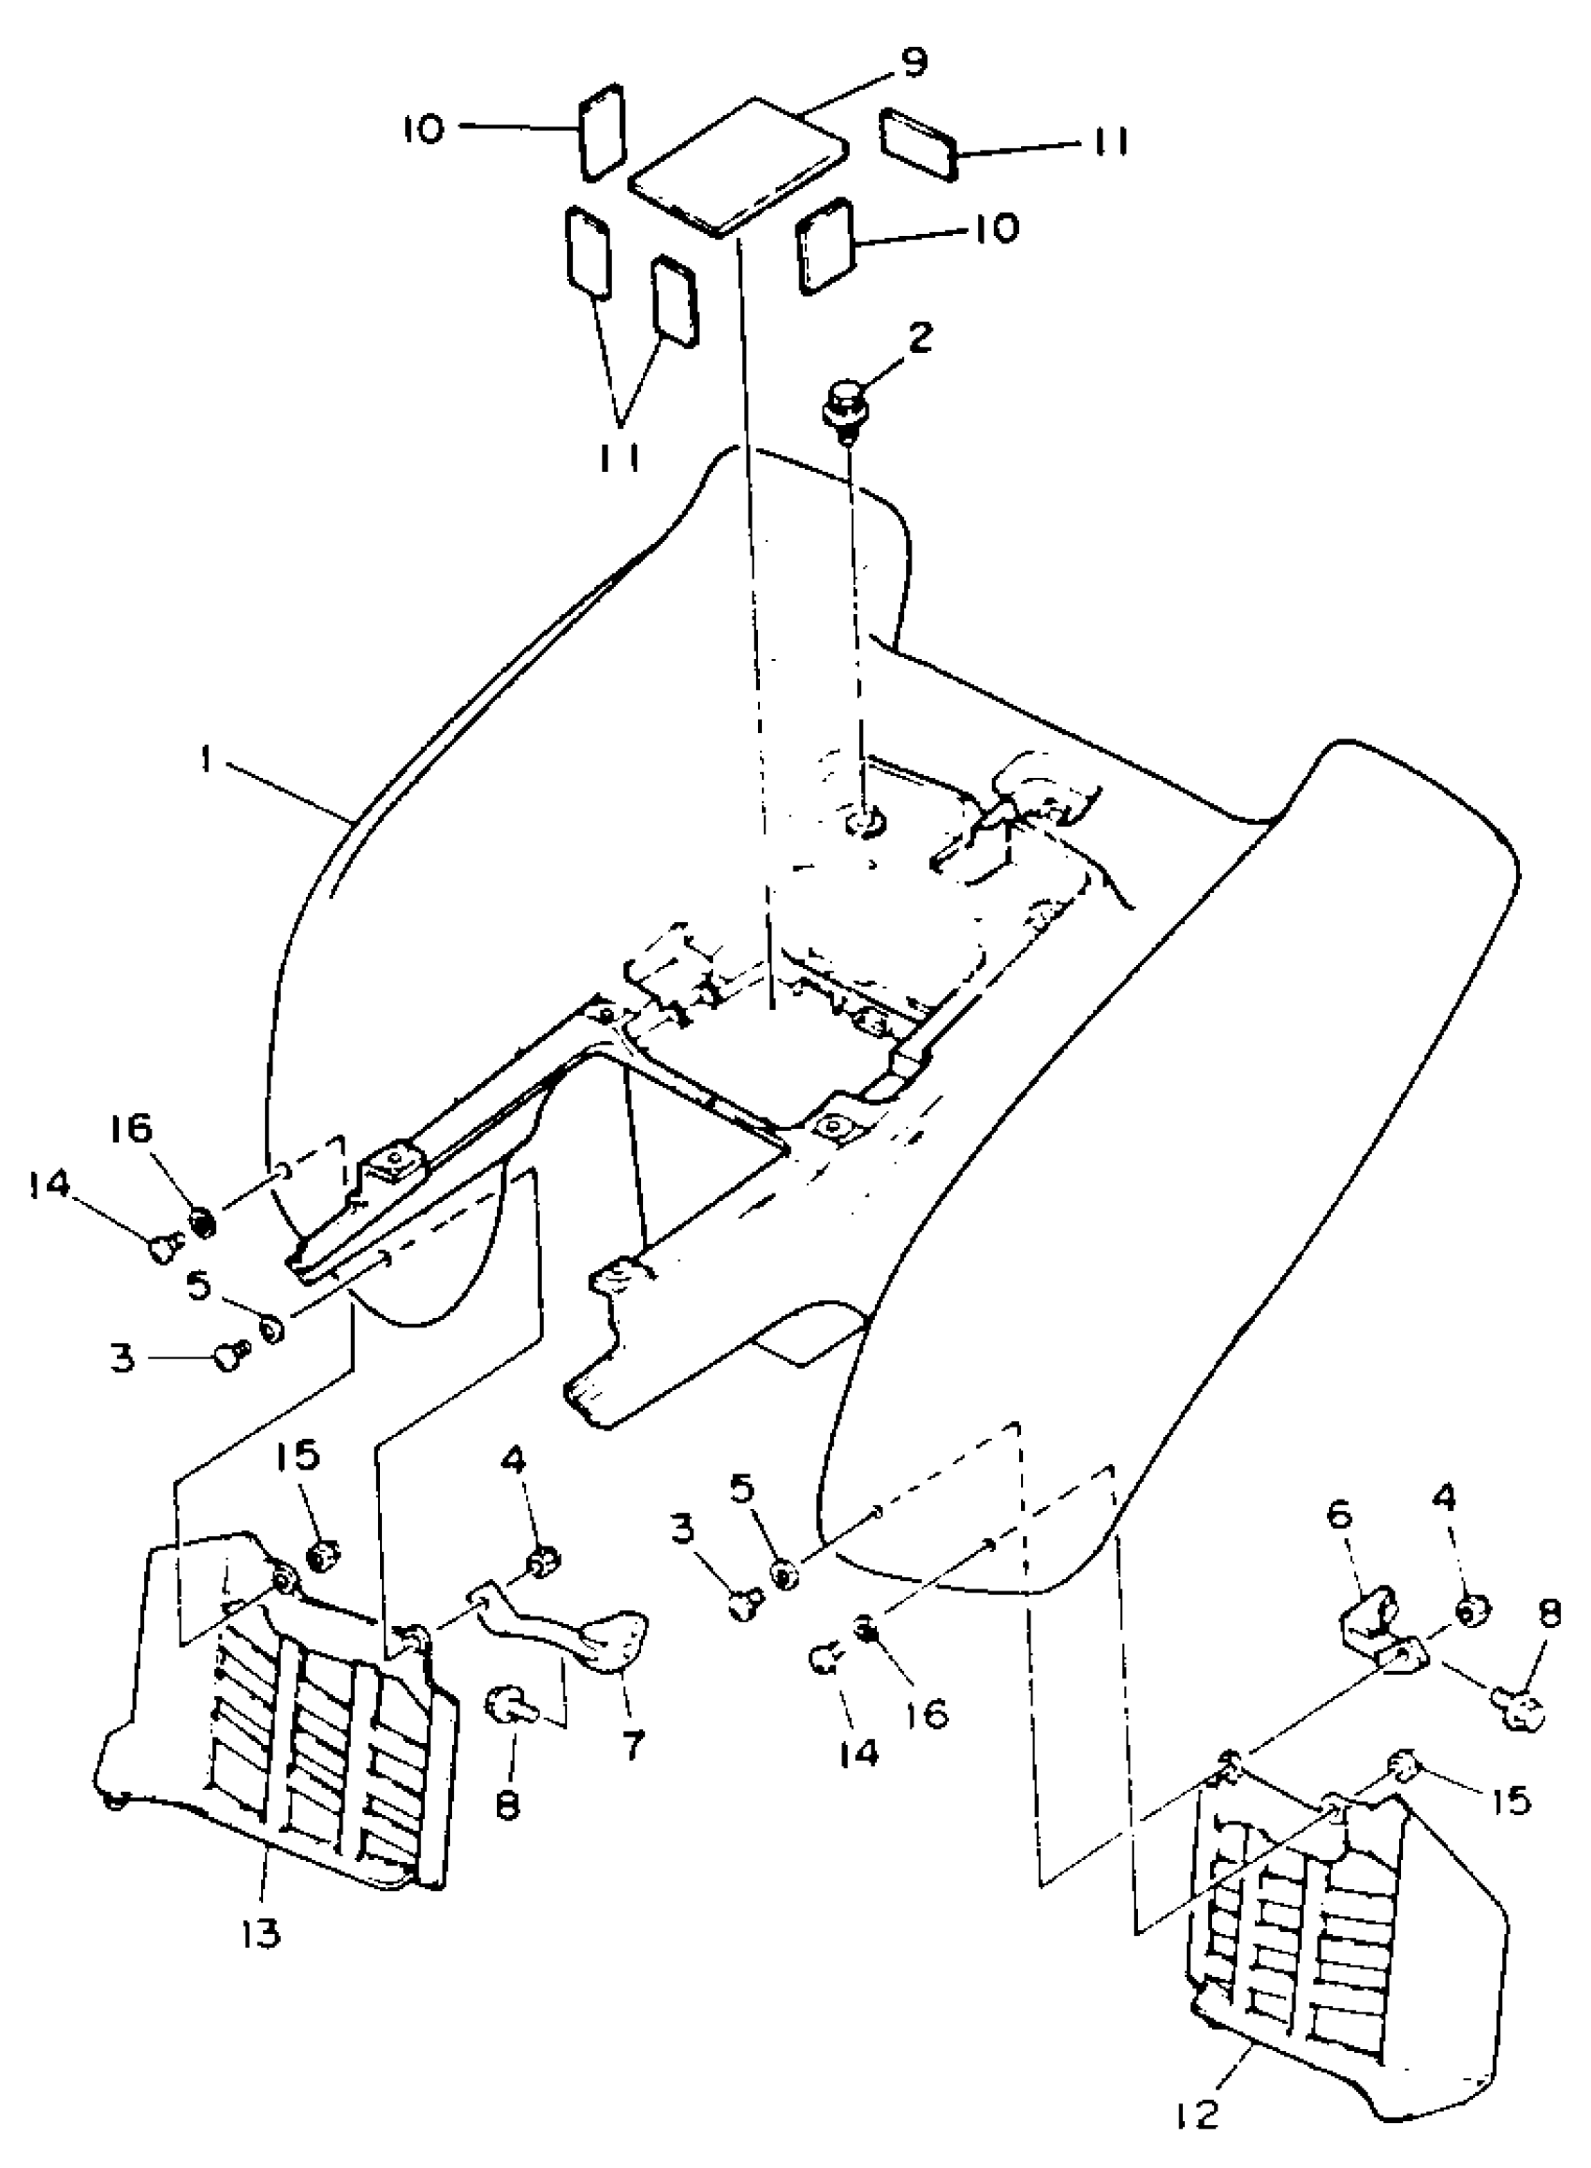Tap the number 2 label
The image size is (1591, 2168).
(921, 339)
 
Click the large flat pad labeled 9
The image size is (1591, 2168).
(737, 165)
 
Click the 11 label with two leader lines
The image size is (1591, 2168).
(620, 460)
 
